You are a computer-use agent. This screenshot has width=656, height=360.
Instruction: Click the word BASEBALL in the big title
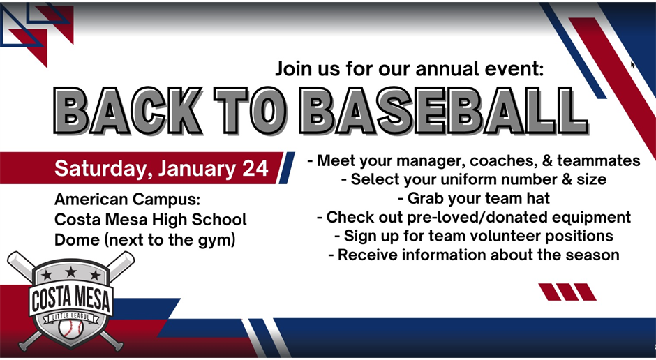[447, 112]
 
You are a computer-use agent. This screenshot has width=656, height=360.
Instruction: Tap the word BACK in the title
[128, 112]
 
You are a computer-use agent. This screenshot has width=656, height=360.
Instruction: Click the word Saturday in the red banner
[103, 170]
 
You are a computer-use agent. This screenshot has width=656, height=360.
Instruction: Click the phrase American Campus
[128, 200]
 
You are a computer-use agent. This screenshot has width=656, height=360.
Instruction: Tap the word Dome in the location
[74, 239]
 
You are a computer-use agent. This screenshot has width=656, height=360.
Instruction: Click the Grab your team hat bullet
[473, 199]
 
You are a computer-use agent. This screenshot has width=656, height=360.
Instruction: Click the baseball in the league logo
[70, 327]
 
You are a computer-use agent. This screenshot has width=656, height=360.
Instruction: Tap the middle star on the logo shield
[70, 272]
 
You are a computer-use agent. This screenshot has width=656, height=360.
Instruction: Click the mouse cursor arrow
[632, 64]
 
